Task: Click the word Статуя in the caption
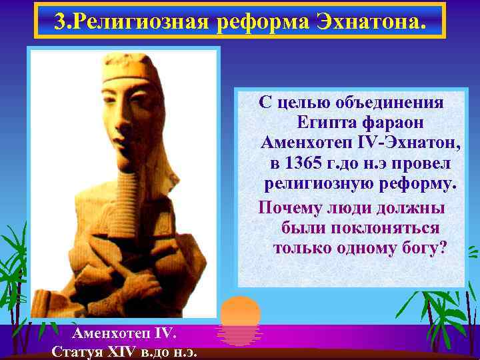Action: click(75, 351)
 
